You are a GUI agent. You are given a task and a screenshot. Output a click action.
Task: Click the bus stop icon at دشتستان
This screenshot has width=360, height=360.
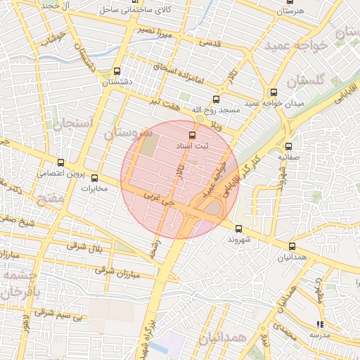click(117, 71)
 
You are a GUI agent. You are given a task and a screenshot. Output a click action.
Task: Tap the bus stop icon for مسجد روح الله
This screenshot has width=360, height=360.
click(216, 99)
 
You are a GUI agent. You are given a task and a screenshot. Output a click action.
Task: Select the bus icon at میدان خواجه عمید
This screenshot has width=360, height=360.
click(274, 92)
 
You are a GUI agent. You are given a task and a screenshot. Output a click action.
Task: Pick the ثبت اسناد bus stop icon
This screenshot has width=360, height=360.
click(191, 134)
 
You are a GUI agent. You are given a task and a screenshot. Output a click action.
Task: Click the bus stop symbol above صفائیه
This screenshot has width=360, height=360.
click(289, 147)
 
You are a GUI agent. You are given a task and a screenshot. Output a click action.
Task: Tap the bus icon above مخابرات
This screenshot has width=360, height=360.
click(95, 178)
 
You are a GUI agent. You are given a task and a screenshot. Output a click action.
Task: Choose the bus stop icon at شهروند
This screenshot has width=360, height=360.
click(238, 229)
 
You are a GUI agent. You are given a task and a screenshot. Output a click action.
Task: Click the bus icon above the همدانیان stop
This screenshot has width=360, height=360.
click(292, 246)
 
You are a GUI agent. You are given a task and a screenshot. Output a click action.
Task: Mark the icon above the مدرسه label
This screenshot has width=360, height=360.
click(321, 324)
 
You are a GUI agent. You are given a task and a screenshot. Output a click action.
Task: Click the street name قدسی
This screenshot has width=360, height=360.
click(210, 42)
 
